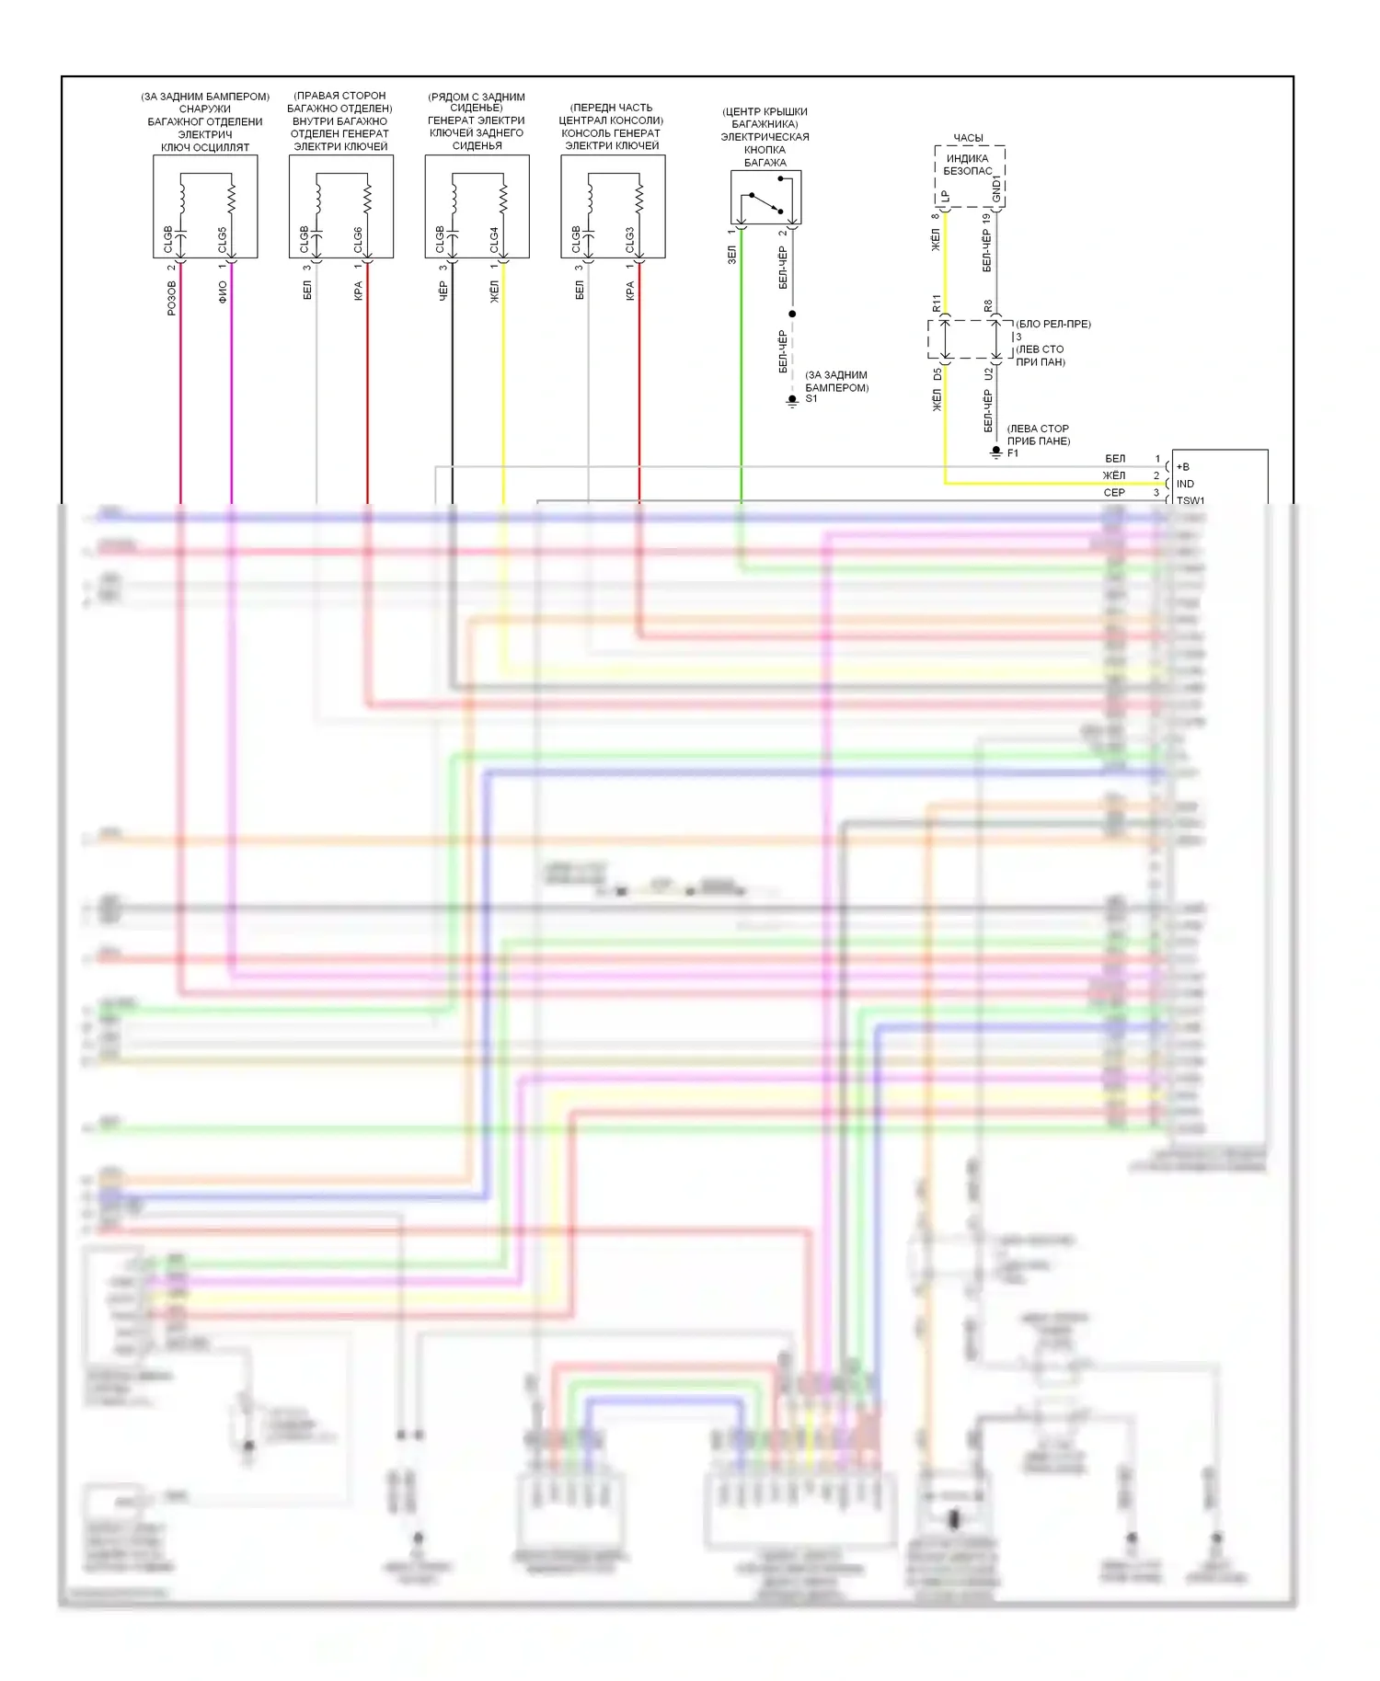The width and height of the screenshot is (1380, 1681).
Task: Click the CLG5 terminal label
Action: coord(222,239)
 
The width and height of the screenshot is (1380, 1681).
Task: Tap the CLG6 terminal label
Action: coord(358,239)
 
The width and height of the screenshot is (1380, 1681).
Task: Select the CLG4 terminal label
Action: coord(494,239)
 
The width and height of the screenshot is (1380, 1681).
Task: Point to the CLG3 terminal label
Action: coord(630,239)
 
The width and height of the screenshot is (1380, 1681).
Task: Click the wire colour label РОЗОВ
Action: coord(172,298)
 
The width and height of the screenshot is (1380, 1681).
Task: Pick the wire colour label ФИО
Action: coord(223,292)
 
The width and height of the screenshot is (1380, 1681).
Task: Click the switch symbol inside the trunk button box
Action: coord(766,202)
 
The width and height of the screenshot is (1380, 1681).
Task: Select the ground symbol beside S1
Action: coord(792,401)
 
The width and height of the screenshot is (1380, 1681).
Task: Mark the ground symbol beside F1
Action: coord(995,453)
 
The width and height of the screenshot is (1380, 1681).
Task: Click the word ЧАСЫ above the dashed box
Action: coord(968,138)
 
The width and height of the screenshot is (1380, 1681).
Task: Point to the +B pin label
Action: coord(1183,467)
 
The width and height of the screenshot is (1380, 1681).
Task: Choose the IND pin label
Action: coord(1185,484)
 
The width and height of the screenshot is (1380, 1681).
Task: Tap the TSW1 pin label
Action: coord(1190,500)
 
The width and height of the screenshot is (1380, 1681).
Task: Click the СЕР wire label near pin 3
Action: coord(1114,493)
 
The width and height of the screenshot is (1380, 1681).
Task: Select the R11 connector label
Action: coord(937,303)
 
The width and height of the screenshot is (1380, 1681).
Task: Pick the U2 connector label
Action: coord(988,374)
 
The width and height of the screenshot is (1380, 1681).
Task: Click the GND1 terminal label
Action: coord(996,189)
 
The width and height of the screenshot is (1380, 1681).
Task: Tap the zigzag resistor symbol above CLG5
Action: coord(231,198)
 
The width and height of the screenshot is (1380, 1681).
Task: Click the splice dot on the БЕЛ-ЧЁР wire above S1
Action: coord(792,314)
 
